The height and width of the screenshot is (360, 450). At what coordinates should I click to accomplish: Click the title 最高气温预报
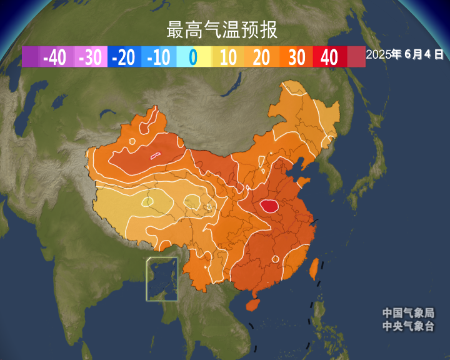pos(222,29)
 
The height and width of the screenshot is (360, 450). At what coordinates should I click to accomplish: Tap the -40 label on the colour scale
pos(55,57)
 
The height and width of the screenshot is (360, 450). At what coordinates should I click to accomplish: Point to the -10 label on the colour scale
pos(159,57)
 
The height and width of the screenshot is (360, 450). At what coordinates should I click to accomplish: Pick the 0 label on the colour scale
pos(192,57)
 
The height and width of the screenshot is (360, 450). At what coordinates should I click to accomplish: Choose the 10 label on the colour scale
pos(228,57)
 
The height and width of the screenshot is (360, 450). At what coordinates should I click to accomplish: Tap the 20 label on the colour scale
pos(262,57)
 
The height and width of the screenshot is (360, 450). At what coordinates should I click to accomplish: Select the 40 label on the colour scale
pos(329,57)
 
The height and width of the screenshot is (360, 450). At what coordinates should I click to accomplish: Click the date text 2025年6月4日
pos(405,54)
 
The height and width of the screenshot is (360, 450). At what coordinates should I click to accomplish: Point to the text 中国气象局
pos(408,313)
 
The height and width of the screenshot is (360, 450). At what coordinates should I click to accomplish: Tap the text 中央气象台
pos(408,326)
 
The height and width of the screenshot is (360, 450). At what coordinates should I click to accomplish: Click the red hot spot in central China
pos(269,206)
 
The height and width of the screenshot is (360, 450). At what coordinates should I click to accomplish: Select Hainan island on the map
pos(252,304)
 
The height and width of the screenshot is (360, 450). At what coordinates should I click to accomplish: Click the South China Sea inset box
pos(162,279)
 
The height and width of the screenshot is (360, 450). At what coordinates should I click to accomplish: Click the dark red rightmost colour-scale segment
pos(356,57)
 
